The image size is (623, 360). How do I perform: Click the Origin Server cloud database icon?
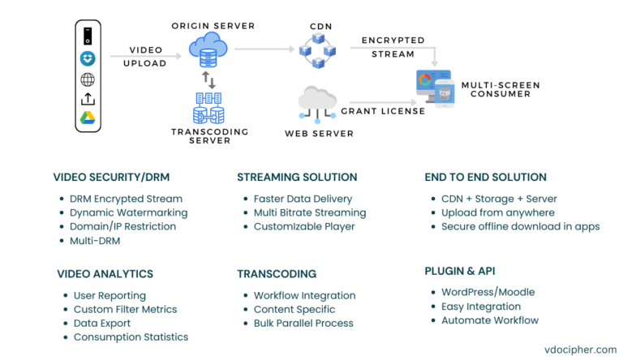coord(208,51)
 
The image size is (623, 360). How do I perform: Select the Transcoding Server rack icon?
coord(210,107)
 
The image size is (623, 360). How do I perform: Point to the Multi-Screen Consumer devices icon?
coord(435,88)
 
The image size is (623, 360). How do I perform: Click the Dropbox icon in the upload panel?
coord(88,58)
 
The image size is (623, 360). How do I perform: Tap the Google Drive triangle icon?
coord(88,118)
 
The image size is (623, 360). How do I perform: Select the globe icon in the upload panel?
coord(88,79)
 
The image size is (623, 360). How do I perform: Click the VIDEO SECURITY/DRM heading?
coord(111,177)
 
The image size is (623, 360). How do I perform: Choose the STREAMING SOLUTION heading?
coord(297,177)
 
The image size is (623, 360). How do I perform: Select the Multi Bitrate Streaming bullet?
coord(310,212)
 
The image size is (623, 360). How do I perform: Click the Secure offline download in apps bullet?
coord(520,226)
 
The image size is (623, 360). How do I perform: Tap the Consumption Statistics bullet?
coord(131,336)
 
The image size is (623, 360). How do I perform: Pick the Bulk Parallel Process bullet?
coord(303,323)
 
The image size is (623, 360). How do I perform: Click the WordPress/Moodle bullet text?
coord(488,292)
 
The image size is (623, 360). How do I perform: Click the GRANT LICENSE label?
coord(382,111)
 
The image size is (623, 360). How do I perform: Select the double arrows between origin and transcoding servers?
coord(208,80)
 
